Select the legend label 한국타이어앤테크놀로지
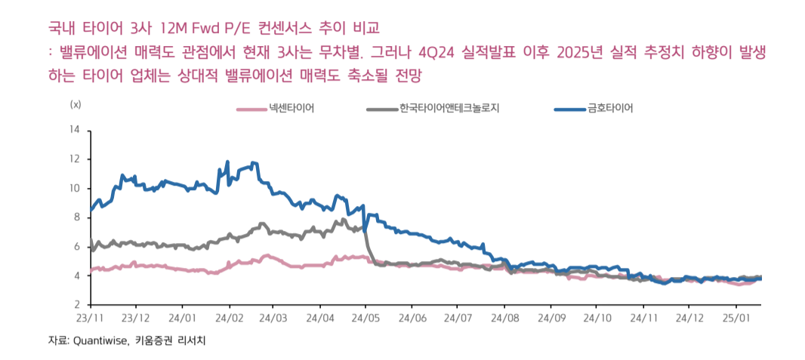[449, 108]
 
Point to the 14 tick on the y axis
[74, 130]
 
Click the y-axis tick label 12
[74, 159]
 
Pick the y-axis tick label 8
[76, 217]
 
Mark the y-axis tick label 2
[76, 305]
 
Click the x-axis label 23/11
[90, 319]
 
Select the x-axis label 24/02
[228, 319]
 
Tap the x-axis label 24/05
[365, 319]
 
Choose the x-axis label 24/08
[504, 319]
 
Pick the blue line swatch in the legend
[569, 109]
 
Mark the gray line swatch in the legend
[382, 109]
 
